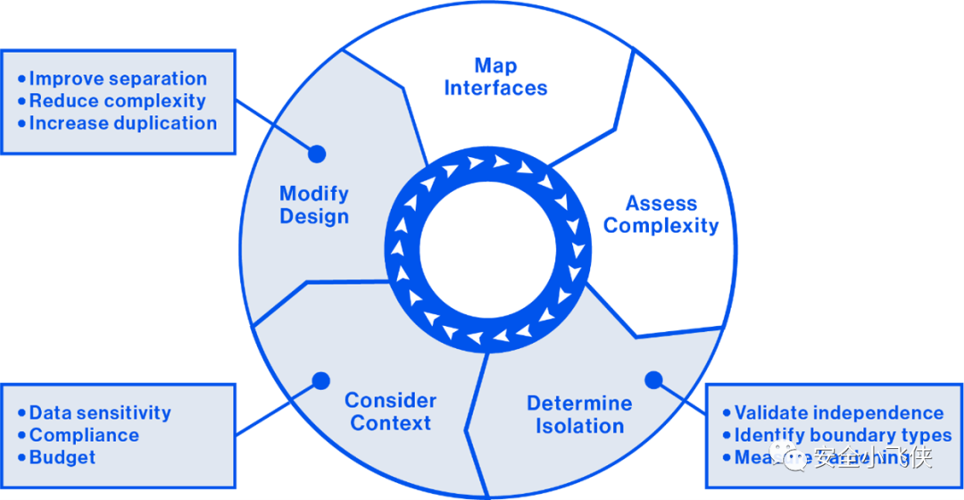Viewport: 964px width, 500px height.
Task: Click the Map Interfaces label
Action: click(495, 77)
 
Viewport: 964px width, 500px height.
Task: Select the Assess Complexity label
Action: click(661, 214)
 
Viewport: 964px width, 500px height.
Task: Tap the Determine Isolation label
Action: click(579, 415)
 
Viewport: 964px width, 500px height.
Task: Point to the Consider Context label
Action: click(390, 412)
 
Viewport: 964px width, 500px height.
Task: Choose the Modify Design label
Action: click(314, 205)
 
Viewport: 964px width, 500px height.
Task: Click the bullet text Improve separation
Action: click(118, 79)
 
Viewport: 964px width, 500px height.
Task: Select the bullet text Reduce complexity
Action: click(117, 101)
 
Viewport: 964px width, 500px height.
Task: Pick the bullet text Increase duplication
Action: click(123, 123)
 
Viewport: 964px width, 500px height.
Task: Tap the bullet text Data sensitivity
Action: click(100, 412)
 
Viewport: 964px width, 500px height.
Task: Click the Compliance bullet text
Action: click(84, 436)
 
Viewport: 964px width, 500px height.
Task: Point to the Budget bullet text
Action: click(62, 458)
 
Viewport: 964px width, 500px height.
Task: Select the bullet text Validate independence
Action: click(839, 412)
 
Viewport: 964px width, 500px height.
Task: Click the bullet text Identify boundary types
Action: click(843, 436)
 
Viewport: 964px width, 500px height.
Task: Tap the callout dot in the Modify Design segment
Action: click(315, 154)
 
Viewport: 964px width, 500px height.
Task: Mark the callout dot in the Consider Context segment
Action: click(319, 381)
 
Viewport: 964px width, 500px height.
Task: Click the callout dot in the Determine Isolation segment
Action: click(653, 379)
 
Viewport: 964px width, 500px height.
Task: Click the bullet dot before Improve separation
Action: click(21, 79)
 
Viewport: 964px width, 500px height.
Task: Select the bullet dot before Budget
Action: click(21, 458)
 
